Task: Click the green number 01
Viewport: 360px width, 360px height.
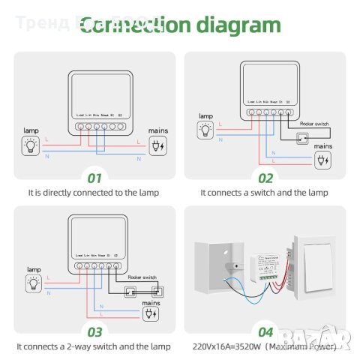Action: click(x=94, y=178)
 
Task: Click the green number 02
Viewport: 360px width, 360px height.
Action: click(x=265, y=178)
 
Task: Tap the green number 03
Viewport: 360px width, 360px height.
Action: click(x=94, y=330)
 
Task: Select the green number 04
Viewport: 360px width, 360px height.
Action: click(x=265, y=330)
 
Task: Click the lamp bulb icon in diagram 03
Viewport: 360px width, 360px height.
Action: click(x=31, y=282)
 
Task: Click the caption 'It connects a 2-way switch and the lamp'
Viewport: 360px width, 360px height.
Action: click(x=94, y=346)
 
